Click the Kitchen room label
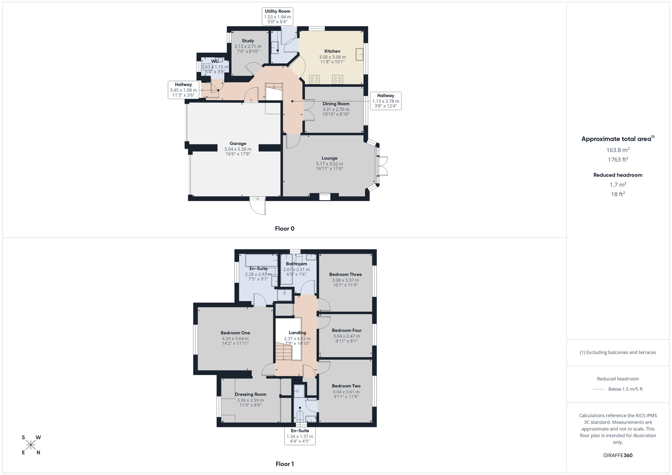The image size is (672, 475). pyautogui.click(x=332, y=51)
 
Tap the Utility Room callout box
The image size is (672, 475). pyautogui.click(x=278, y=16)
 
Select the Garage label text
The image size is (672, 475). pyautogui.click(x=238, y=143)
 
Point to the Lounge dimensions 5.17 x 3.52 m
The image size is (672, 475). pyautogui.click(x=329, y=164)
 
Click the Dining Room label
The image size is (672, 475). pyautogui.click(x=336, y=104)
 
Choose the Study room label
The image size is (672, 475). pyautogui.click(x=248, y=41)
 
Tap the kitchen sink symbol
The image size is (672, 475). pyautogui.click(x=359, y=54)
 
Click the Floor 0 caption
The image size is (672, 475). pyautogui.click(x=285, y=229)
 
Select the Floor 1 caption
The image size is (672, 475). pyautogui.click(x=285, y=464)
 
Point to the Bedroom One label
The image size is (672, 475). pyautogui.click(x=235, y=333)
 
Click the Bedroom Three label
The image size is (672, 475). pyautogui.click(x=345, y=274)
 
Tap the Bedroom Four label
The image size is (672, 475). pyautogui.click(x=346, y=331)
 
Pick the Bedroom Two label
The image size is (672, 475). pyautogui.click(x=346, y=386)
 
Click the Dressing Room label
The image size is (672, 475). pyautogui.click(x=251, y=394)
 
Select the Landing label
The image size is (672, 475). pyautogui.click(x=297, y=333)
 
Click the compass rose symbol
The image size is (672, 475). pyautogui.click(x=31, y=445)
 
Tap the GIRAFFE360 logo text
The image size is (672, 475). pyautogui.click(x=618, y=456)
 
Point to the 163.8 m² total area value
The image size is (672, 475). pyautogui.click(x=618, y=150)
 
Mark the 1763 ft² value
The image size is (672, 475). pyautogui.click(x=618, y=160)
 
